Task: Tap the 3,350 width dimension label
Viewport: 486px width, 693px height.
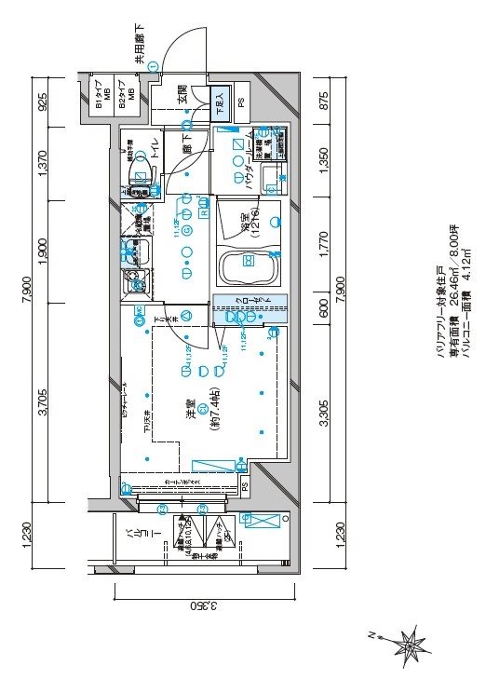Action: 204,606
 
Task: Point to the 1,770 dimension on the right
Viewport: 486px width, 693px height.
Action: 323,252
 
